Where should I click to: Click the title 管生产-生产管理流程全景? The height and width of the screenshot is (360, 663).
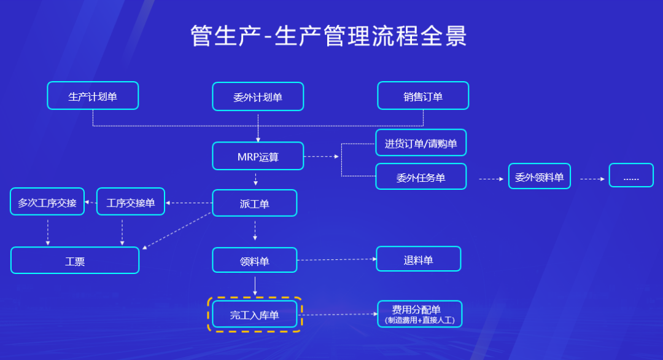pos(328,36)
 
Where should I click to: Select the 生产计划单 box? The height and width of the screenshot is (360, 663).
pos(93,96)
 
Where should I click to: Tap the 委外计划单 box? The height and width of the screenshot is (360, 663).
pos(258,96)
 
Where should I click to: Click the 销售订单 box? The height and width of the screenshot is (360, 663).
pos(423,96)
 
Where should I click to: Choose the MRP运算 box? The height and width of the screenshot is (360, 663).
pos(258,156)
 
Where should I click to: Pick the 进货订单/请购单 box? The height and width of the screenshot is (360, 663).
pos(421,143)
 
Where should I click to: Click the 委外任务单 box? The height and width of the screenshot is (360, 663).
pos(421,177)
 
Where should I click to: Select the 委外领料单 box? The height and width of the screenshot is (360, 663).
pos(540,176)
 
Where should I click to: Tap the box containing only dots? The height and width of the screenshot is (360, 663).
pos(631,176)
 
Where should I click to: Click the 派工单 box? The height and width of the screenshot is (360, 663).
pos(254,203)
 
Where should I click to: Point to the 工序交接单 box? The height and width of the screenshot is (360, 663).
pos(131,202)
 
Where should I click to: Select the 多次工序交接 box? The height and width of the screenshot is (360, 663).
pos(47,202)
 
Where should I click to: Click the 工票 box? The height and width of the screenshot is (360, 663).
pos(75,260)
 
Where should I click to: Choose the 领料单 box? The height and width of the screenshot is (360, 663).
pos(254,260)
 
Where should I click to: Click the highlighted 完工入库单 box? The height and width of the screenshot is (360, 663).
pos(254,315)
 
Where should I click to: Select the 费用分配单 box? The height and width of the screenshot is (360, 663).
pos(419,313)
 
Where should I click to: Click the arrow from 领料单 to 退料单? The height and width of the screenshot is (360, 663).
pos(337,259)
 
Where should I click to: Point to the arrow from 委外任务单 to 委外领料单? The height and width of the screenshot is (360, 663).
pos(490,179)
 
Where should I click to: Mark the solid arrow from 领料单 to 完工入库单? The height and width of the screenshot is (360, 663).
pos(255,286)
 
